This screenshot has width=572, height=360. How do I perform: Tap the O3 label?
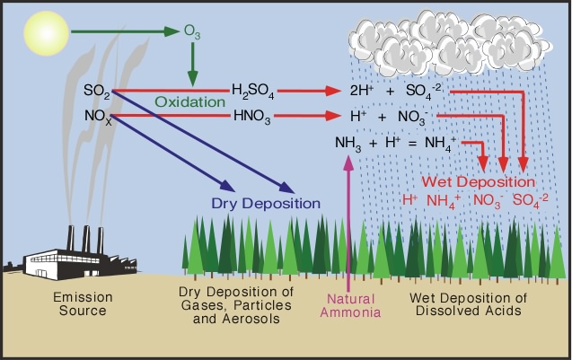[x=193, y=34]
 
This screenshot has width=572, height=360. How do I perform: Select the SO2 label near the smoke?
[x=96, y=91]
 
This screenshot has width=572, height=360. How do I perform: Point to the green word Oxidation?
[x=190, y=102]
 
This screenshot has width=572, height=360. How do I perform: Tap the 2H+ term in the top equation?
[x=363, y=92]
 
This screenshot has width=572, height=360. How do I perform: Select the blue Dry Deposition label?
[x=266, y=203]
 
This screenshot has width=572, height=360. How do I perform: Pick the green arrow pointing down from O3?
[x=192, y=67]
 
